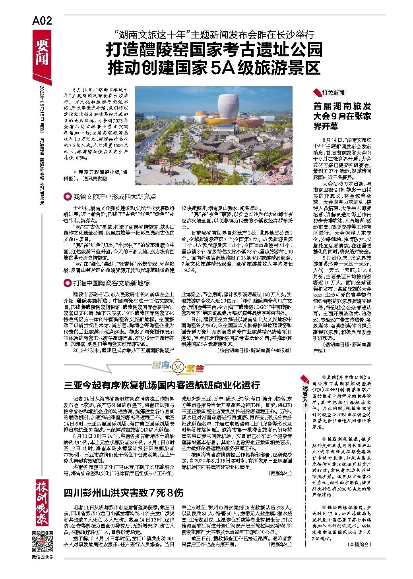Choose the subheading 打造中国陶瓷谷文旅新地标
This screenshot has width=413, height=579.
pos(111,283)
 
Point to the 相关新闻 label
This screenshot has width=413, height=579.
pos(333,93)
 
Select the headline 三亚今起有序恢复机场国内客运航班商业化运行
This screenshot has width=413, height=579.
pos(162,385)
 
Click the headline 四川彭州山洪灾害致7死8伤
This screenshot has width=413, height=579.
pos(124,493)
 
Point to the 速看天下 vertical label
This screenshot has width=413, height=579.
pos(305,393)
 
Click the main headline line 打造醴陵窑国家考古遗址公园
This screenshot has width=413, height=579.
pos(214,50)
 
